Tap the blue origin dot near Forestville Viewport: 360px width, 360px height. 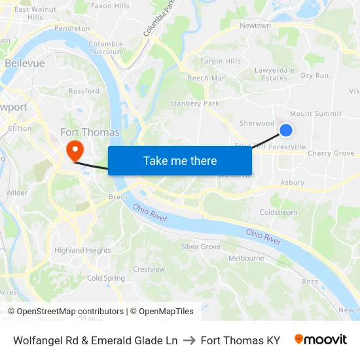(286, 130)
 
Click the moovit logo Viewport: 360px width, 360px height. (321, 340)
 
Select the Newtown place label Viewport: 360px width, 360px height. (255, 26)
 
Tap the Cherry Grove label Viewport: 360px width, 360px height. (331, 153)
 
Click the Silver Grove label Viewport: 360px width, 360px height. (200, 247)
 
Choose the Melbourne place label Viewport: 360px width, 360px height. (246, 259)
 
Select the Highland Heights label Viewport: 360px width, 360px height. (82, 250)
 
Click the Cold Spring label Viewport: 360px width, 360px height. (105, 278)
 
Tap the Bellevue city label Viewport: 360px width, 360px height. (24, 63)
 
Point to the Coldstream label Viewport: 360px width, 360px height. (278, 212)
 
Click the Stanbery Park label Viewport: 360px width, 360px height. (194, 103)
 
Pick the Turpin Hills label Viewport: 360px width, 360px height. (220, 62)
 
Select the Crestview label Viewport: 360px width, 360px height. (149, 269)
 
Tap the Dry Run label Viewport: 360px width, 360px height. (315, 75)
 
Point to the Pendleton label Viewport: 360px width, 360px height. (72, 29)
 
